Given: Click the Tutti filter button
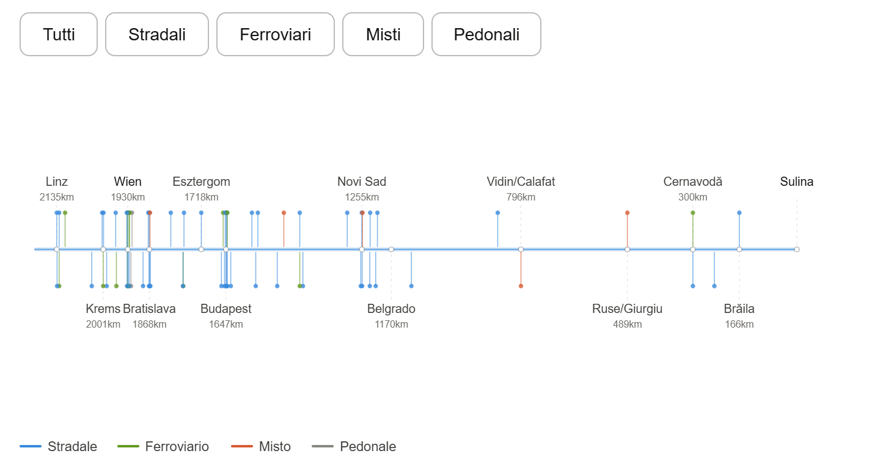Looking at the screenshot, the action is point(59,34).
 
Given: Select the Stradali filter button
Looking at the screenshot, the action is point(156,34).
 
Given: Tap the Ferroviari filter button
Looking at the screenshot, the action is point(276,34).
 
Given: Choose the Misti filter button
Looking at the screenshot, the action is point(383,34).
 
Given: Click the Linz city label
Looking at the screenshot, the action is point(57,182).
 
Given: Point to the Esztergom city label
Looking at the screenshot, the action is point(201,182).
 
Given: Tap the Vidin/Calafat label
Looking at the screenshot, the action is point(521,182).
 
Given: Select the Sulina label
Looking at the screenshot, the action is point(796,182).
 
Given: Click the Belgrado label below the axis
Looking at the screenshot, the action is point(391,309).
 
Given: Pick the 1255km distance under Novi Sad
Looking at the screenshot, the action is point(362,197).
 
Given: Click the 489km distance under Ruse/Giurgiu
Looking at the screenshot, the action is point(628,325).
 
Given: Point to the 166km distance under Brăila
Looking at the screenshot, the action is point(739,325).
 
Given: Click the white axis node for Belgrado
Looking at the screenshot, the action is point(391,249).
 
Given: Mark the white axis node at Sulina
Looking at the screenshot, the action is point(797,249).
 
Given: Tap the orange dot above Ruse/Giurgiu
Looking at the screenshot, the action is point(628,213).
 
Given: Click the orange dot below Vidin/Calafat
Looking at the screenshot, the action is point(521,286).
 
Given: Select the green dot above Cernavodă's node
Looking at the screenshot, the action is point(692,213).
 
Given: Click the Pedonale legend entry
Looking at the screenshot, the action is point(354,447).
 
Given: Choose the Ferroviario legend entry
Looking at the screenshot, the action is point(163,447).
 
